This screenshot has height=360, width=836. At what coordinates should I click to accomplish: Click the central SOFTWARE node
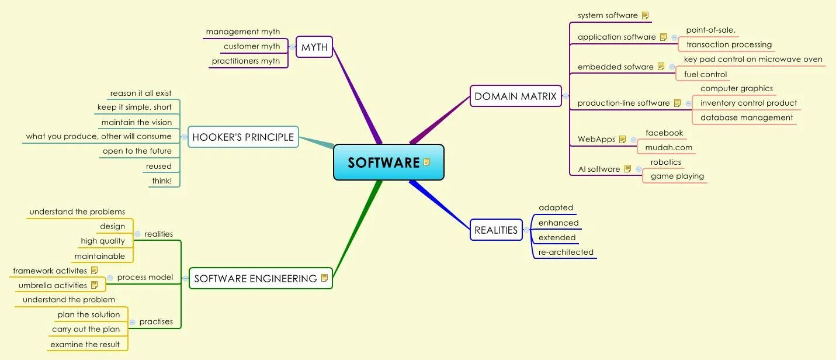tap(388, 162)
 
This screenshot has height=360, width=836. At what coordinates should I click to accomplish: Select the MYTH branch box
tap(314, 47)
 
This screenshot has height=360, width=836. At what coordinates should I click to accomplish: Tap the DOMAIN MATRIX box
tap(515, 96)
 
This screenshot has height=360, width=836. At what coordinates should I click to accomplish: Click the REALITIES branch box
tap(496, 230)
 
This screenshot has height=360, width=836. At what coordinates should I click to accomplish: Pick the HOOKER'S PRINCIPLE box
tap(243, 137)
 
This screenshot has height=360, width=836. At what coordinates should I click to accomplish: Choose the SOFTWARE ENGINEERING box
tap(260, 278)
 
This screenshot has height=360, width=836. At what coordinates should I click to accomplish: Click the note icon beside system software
tap(645, 15)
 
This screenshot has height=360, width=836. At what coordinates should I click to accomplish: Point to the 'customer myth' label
tap(252, 46)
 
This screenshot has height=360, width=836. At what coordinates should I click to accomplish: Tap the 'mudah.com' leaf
tap(668, 147)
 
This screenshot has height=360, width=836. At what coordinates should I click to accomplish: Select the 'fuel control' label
tap(705, 74)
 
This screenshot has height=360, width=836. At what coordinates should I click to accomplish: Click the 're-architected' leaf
tap(566, 252)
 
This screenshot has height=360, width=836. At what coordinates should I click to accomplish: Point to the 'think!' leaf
tap(162, 181)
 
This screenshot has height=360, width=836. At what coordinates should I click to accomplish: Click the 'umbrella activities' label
tap(53, 285)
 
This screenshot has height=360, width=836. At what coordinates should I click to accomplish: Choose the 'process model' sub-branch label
tap(145, 277)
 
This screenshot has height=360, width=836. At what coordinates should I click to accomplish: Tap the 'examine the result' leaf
tap(85, 344)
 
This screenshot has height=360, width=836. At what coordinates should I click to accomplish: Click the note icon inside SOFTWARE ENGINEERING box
tap(324, 278)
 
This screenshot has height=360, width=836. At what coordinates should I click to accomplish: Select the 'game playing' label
tap(677, 176)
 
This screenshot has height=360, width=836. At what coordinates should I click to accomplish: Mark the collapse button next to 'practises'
tap(133, 322)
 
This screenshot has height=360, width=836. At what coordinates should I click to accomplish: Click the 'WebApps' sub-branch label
tap(596, 139)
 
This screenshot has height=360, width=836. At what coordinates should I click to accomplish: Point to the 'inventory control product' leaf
tap(748, 103)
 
